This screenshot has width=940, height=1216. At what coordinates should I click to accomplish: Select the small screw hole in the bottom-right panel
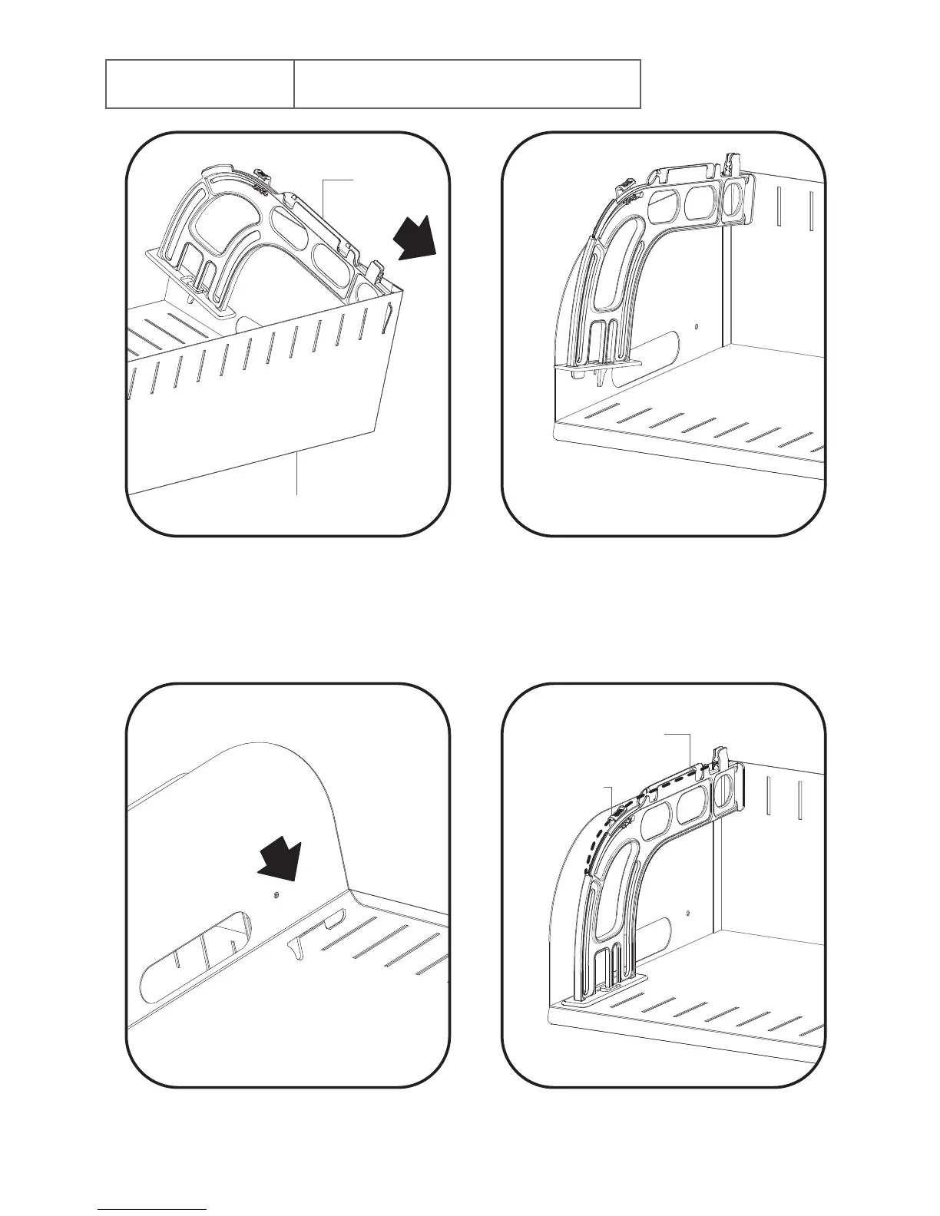click(x=688, y=913)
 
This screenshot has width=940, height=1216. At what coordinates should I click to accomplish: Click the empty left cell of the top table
click(x=200, y=84)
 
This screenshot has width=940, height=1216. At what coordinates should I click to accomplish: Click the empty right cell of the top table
click(x=467, y=84)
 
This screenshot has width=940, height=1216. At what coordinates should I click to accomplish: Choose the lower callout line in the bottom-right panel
click(x=610, y=798)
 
